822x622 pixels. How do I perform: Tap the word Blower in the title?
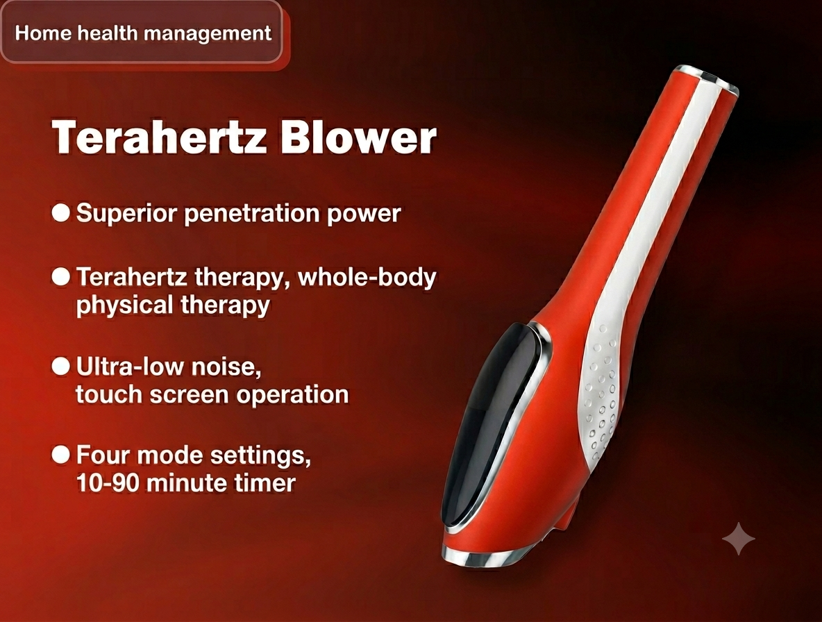[x=358, y=137]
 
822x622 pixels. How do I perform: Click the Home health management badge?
[x=142, y=33]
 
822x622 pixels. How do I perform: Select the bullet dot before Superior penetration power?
[x=61, y=212]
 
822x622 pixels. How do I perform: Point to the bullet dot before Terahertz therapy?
[x=61, y=277]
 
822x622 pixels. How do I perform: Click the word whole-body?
[x=367, y=278]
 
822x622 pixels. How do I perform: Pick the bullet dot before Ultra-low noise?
[x=61, y=366]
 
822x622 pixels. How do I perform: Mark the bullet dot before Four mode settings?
[x=61, y=454]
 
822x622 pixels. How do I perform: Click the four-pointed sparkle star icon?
[x=739, y=538]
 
